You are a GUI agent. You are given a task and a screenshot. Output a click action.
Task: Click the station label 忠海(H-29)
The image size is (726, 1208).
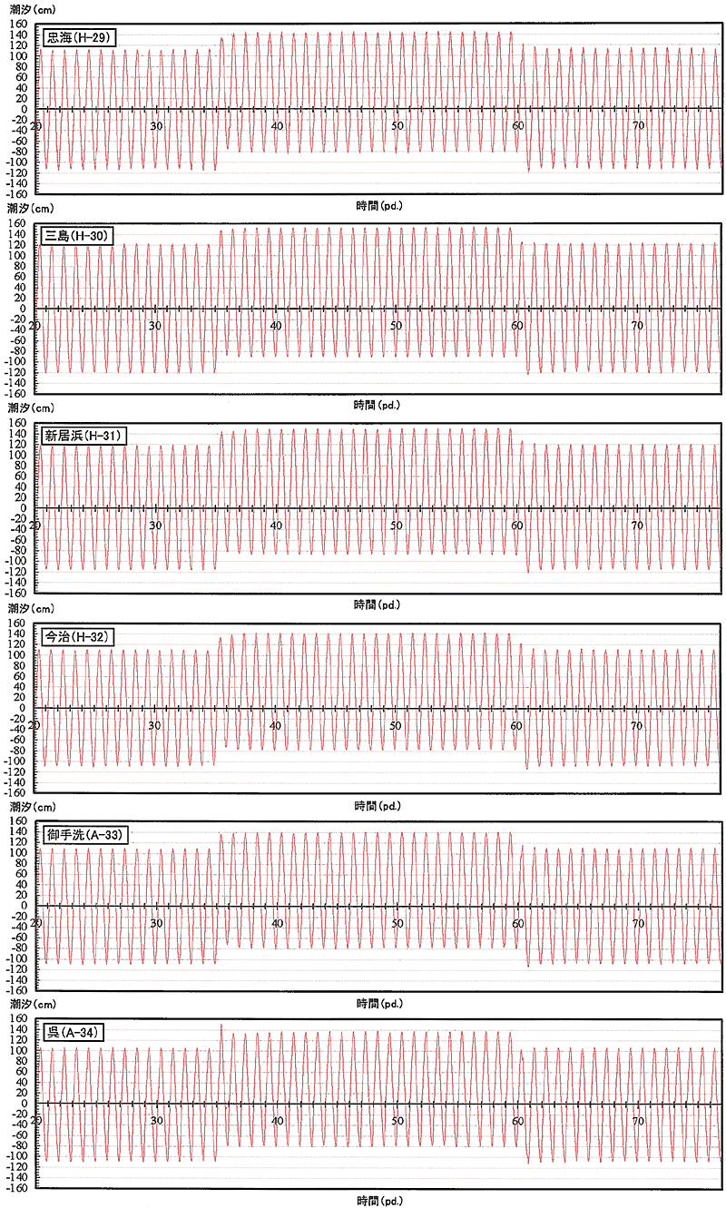[79, 37]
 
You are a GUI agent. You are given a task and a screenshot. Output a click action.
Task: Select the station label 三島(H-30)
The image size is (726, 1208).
[76, 236]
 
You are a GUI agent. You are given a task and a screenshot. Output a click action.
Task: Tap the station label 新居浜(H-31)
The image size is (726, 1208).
[83, 436]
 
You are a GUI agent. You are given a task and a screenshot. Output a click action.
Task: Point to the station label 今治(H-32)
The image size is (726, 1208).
[78, 637]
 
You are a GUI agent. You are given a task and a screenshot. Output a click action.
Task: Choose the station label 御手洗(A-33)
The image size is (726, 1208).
[85, 835]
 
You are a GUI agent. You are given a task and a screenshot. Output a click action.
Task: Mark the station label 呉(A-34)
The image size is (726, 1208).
[74, 1033]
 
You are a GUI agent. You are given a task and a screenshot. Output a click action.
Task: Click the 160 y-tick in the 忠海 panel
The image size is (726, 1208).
[18, 25]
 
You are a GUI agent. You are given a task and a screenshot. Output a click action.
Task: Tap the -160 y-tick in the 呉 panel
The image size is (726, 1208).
[15, 1189]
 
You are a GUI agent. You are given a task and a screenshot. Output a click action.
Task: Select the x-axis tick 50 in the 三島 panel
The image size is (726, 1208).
[397, 326]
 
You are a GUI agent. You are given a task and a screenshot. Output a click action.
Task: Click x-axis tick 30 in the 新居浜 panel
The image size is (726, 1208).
[155, 525]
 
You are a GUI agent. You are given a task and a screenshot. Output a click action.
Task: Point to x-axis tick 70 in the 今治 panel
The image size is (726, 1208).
[636, 726]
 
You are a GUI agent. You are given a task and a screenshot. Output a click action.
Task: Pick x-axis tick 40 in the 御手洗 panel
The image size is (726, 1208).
[277, 923]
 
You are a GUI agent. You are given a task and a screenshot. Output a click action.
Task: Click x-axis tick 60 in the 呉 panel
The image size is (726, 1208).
[518, 1121]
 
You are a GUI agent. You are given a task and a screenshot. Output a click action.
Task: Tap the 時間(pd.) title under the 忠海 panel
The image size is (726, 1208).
[379, 205]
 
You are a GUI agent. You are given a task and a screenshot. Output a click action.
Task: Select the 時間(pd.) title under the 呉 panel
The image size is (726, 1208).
[379, 1201]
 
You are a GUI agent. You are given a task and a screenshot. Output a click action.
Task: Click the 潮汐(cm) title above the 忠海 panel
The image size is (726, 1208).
[33, 10]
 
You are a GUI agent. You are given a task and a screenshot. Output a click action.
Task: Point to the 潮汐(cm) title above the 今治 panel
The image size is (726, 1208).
[31, 608]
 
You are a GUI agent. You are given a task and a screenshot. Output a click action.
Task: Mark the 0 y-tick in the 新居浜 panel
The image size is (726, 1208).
[23, 508]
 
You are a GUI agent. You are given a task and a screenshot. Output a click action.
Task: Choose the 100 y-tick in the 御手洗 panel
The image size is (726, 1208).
[18, 853]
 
